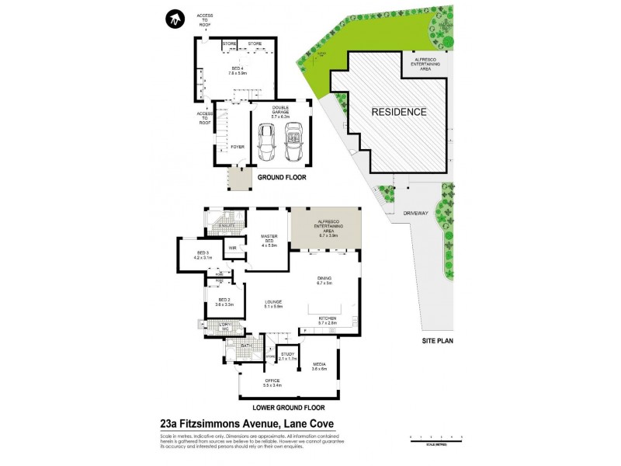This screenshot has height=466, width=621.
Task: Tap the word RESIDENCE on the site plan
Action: coord(398,112)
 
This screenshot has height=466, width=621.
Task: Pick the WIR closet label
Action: coord(232,248)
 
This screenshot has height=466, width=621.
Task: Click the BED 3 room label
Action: coord(202,253)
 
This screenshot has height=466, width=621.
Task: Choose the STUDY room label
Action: coord(288,354)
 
